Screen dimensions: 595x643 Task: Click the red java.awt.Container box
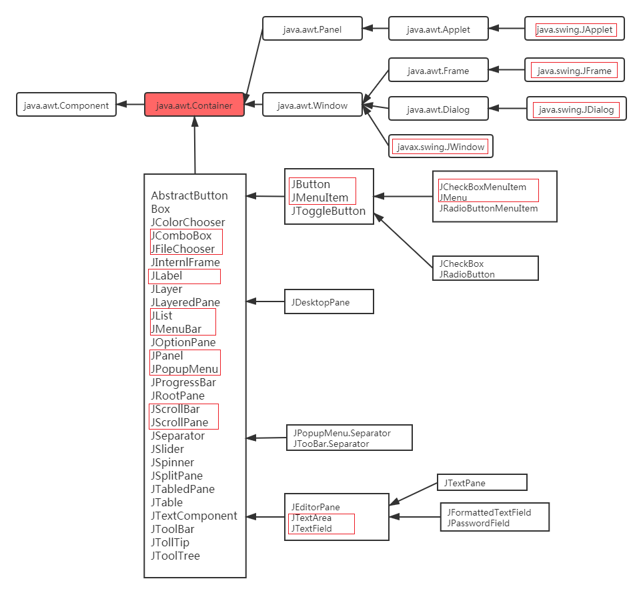(x=194, y=105)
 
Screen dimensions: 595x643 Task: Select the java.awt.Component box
(x=66, y=105)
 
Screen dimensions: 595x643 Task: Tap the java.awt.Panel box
(x=312, y=29)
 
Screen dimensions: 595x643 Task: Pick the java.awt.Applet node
(x=438, y=29)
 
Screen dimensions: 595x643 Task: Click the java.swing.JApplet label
(x=574, y=29)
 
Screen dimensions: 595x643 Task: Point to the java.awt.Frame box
(x=438, y=70)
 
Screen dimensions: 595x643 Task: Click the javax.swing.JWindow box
(x=441, y=146)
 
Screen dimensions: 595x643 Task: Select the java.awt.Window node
(x=312, y=105)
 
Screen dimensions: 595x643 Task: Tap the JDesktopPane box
(x=328, y=302)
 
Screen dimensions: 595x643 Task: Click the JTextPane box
(x=482, y=482)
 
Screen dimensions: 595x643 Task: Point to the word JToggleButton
(x=328, y=211)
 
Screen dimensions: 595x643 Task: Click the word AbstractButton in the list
(x=189, y=195)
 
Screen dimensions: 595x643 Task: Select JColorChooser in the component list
(x=188, y=222)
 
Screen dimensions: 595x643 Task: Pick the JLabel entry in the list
(x=167, y=275)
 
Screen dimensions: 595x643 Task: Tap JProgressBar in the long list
(x=183, y=382)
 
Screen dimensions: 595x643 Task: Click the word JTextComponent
(x=194, y=516)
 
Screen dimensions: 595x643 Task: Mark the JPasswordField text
(x=479, y=524)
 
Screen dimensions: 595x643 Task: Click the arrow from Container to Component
(x=131, y=104)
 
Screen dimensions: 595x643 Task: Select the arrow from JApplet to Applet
(x=510, y=29)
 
